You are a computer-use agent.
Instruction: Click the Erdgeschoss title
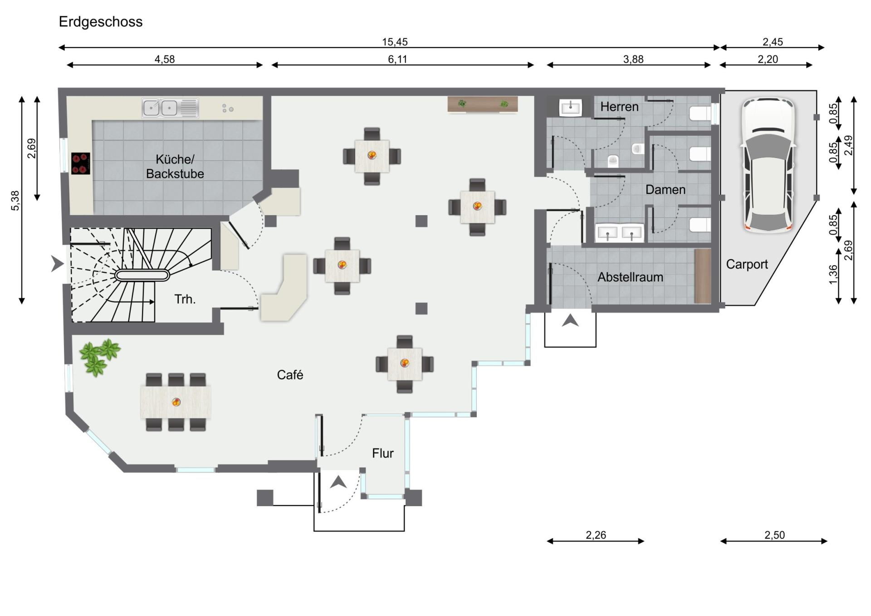[x=101, y=22]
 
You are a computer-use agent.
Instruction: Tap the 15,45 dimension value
[x=395, y=42]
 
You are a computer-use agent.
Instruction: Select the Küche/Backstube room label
[x=175, y=167]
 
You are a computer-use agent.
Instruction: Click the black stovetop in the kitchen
[x=81, y=163]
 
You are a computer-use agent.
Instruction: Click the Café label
[x=290, y=375]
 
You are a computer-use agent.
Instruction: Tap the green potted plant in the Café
[x=100, y=357]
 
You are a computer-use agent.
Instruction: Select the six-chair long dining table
[x=176, y=402]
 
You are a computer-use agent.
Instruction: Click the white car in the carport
[x=768, y=165]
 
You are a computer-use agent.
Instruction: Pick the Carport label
[x=747, y=264]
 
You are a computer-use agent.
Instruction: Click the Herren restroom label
[x=619, y=107]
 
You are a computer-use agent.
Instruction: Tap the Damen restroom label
[x=665, y=190]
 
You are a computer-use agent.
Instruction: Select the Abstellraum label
[x=630, y=277]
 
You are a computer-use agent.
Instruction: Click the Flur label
[x=382, y=453]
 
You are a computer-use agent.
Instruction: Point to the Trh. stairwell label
[x=185, y=299]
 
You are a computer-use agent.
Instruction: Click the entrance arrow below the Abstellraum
[x=570, y=321]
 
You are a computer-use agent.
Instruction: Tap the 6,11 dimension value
[x=397, y=59]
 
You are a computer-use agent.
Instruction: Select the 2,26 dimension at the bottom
[x=596, y=535]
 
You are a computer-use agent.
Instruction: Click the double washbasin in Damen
[x=619, y=233]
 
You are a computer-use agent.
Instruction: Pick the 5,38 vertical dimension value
[x=15, y=201]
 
